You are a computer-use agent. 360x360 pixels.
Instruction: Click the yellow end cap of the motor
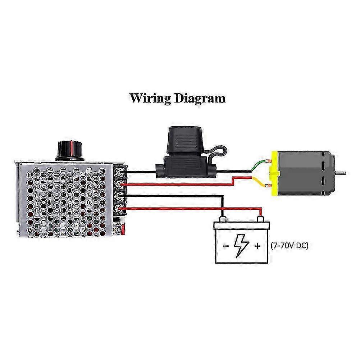pyautogui.click(x=274, y=173)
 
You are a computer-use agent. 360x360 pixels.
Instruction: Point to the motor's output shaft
pyautogui.click(x=342, y=173)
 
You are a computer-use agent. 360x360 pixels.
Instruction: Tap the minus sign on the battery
pyautogui.click(x=225, y=247)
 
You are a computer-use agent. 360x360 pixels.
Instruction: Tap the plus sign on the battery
pyautogui.click(x=258, y=247)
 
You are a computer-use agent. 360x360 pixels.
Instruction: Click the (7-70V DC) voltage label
pyautogui.click(x=289, y=246)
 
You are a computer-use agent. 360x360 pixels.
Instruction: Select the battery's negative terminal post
pyautogui.click(x=223, y=219)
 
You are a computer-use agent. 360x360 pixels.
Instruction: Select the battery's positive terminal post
pyautogui.click(x=260, y=219)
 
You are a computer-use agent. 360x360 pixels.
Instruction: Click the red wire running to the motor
pyautogui.click(x=180, y=184)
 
